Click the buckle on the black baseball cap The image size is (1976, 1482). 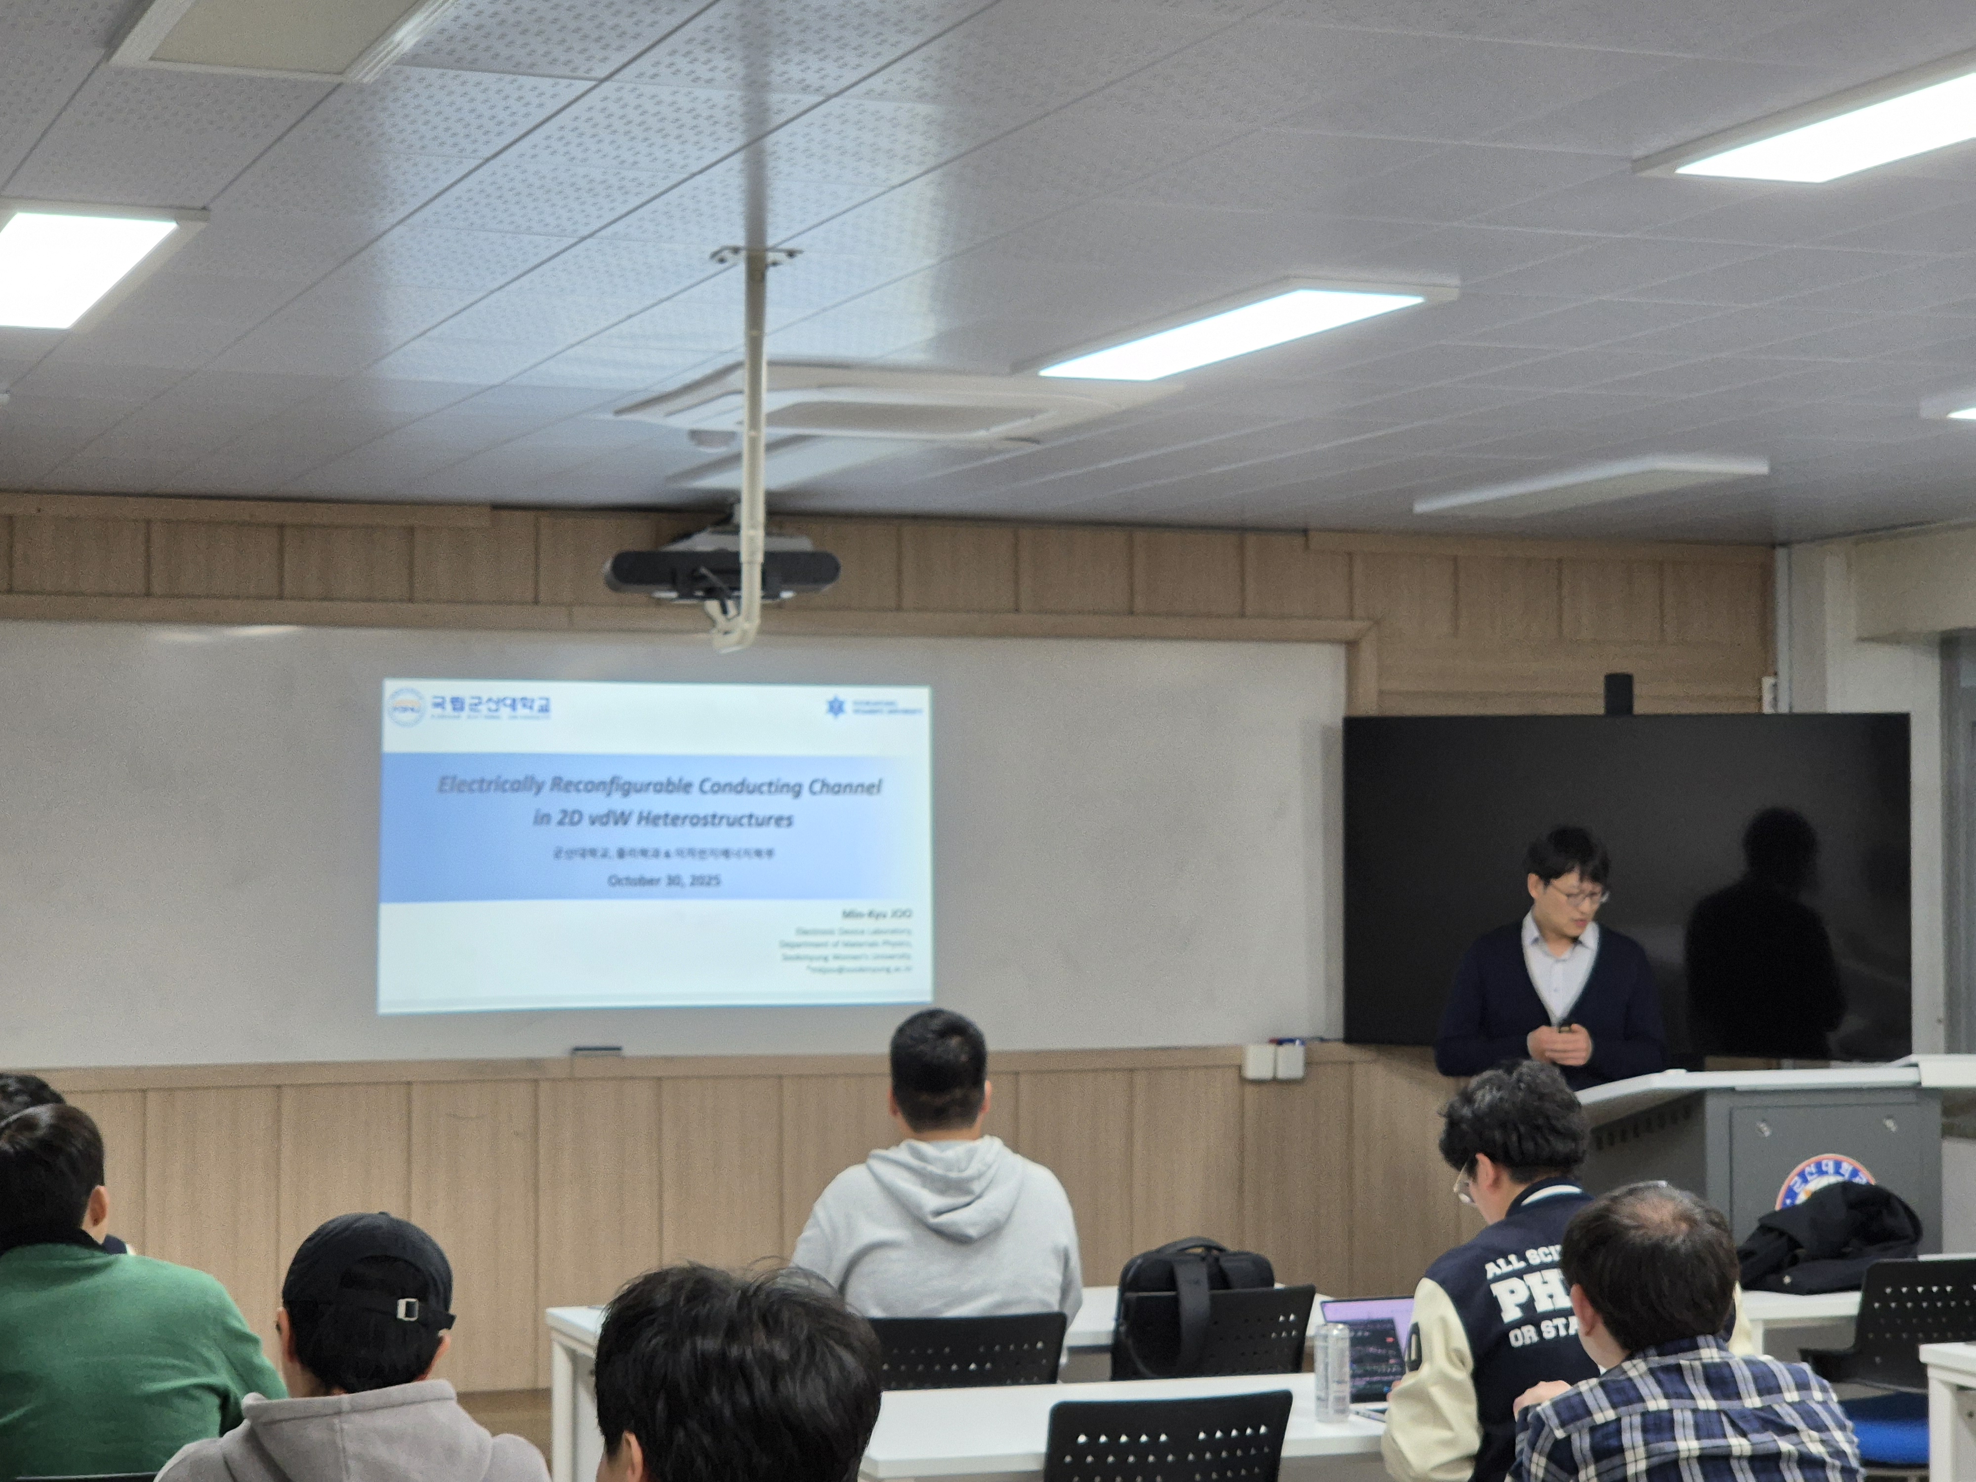click(408, 1307)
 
